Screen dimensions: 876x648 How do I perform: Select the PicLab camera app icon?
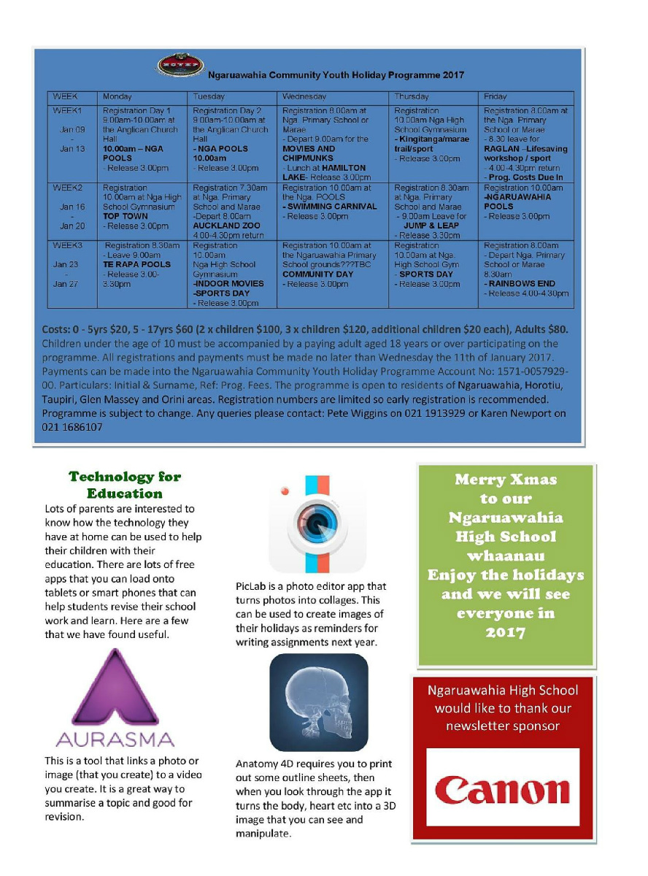tap(317, 523)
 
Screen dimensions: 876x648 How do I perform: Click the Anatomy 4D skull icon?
tap(318, 702)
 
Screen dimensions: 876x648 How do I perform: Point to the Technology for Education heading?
tap(124, 485)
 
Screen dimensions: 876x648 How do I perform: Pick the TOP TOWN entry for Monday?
tap(126, 216)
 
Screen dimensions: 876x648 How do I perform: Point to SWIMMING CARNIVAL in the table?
tap(331, 207)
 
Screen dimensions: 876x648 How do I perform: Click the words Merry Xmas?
tap(505, 480)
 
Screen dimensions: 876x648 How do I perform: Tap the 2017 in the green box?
tap(505, 632)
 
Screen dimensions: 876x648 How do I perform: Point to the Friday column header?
tap(495, 96)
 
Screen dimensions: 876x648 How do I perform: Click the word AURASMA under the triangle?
tap(115, 739)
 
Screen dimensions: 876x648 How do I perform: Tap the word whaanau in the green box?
tap(505, 556)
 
